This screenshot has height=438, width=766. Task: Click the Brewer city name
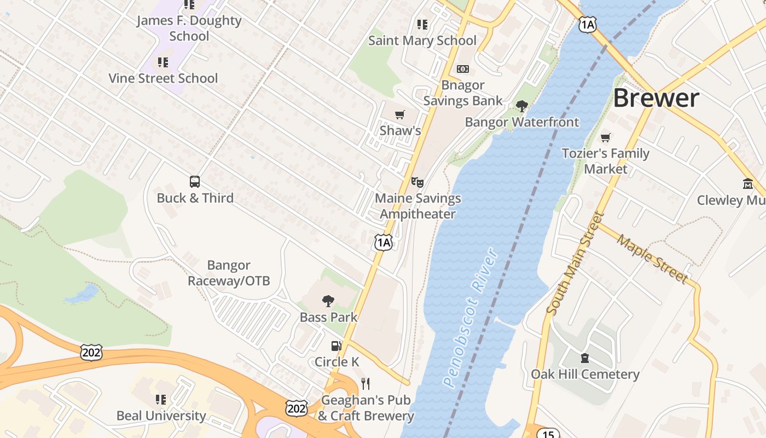click(x=655, y=98)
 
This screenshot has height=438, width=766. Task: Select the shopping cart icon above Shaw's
click(x=400, y=114)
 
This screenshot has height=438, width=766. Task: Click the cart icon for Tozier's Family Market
click(x=605, y=137)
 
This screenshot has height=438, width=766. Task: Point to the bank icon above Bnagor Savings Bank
click(x=463, y=69)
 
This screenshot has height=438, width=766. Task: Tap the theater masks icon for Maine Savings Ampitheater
click(x=417, y=182)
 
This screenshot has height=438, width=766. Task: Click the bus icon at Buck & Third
click(x=194, y=182)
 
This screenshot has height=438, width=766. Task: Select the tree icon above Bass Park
click(x=328, y=301)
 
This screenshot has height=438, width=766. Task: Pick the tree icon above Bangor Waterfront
click(x=521, y=106)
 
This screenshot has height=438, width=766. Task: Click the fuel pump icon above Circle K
click(x=336, y=346)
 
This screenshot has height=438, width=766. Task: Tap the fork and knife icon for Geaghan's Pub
click(x=365, y=384)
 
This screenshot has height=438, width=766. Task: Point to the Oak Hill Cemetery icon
click(x=585, y=358)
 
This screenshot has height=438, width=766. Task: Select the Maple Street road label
click(x=652, y=258)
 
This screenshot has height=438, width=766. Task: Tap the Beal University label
click(x=161, y=416)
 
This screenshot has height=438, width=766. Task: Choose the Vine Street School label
click(x=163, y=78)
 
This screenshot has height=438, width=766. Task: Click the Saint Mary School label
click(x=422, y=41)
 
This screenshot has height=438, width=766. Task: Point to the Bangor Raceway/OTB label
click(x=229, y=273)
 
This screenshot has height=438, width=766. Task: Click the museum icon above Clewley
click(x=748, y=184)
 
